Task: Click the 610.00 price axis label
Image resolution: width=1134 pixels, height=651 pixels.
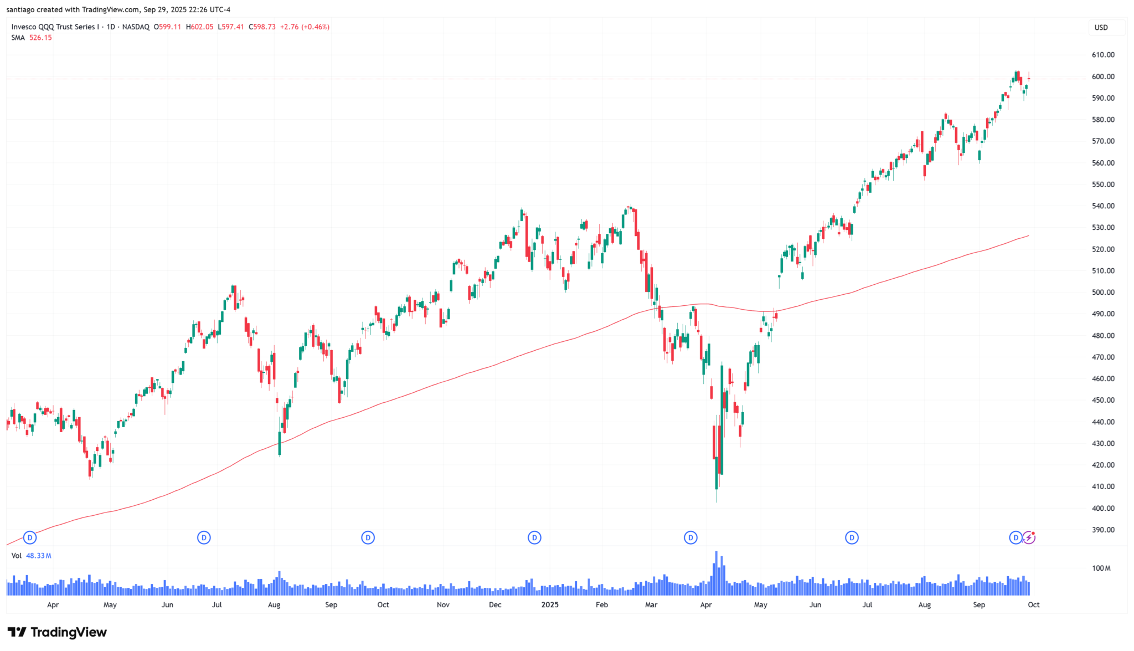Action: pos(1102,55)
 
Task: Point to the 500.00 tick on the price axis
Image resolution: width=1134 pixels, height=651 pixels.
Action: pos(1102,293)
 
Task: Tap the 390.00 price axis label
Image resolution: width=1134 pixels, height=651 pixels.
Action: pos(1102,530)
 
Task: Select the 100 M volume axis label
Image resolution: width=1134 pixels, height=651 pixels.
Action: pos(1101,568)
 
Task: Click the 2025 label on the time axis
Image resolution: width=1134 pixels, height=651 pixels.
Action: pos(550,605)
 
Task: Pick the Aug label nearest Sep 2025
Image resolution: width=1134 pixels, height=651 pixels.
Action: pos(924,605)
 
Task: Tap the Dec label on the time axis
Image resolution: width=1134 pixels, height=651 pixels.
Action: pos(495,605)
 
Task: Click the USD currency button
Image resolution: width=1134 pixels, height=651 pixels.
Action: pos(1101,28)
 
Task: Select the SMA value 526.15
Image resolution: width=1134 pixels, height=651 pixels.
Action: pos(40,38)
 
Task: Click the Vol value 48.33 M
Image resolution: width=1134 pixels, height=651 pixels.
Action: pos(38,556)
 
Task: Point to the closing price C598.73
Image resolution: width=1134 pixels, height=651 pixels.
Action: pos(262,27)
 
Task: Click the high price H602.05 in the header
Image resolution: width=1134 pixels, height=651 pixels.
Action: pos(199,27)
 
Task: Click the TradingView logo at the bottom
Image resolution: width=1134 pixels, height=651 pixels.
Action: pos(57,632)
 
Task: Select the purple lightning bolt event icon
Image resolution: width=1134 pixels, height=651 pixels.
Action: pos(1029,537)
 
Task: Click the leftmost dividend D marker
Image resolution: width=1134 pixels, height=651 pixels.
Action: pos(30,537)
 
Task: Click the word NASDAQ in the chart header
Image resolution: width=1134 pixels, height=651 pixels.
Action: pos(136,27)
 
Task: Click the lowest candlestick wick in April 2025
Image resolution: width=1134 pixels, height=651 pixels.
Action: pos(717,499)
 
